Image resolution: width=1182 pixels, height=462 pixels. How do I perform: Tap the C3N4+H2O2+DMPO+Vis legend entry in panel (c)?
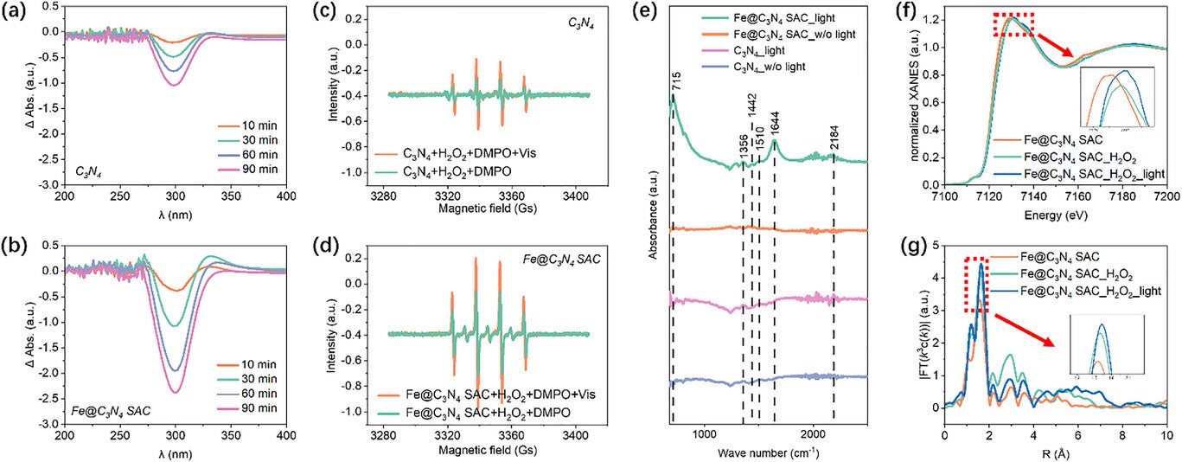[469, 152]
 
